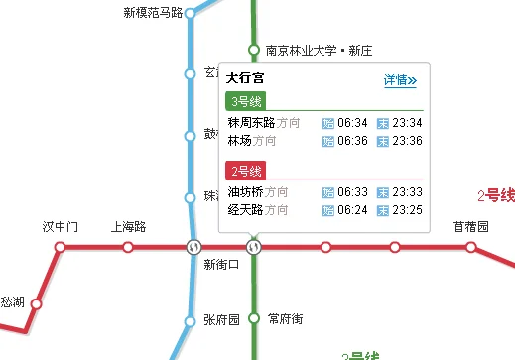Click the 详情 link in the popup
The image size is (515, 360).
click(400, 80)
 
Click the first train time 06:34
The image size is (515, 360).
click(352, 123)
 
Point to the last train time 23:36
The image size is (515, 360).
click(407, 140)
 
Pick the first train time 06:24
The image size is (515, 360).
click(352, 209)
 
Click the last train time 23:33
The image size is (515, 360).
click(407, 192)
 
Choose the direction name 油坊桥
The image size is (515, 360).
click(246, 192)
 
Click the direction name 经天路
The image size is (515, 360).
click(246, 209)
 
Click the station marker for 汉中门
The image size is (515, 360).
click(60, 246)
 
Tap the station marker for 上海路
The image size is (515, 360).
click(128, 246)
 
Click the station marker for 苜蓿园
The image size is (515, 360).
click(470, 246)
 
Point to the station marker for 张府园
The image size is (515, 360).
click(190, 320)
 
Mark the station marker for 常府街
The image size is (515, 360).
click(254, 318)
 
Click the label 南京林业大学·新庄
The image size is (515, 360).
click(318, 50)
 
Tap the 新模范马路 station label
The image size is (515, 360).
click(153, 13)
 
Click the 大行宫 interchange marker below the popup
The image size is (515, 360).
click(254, 246)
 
